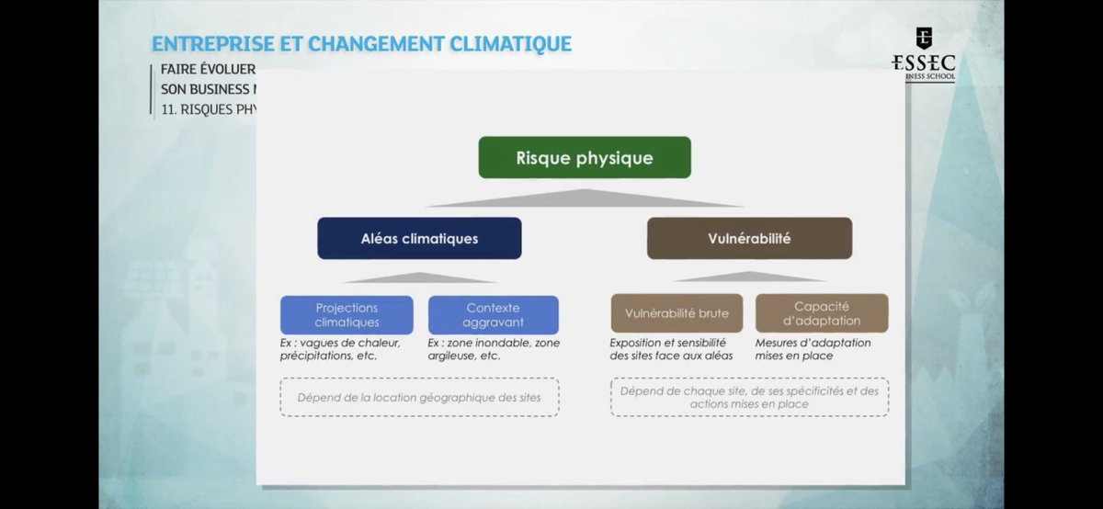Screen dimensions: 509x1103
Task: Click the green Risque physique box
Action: coord(584,157)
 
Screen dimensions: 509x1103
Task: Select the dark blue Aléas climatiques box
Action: coord(419,238)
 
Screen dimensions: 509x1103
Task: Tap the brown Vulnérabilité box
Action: coord(749,238)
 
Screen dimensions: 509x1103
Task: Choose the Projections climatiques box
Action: coord(347,315)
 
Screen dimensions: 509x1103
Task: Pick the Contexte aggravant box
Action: coord(493,315)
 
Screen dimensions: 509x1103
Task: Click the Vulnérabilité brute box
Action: coord(677,313)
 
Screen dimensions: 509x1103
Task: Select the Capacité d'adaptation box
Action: coord(822,313)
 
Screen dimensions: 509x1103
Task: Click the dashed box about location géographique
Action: coord(419,398)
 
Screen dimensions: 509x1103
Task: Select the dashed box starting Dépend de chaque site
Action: coord(749,398)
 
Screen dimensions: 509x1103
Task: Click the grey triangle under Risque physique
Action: coord(584,198)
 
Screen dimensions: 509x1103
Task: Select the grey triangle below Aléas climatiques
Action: coord(419,277)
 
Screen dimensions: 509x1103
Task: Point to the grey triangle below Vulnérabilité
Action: coord(749,277)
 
